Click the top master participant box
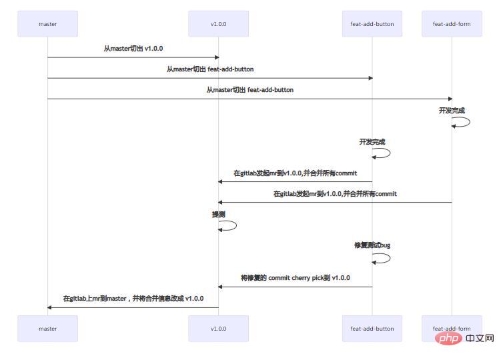pyautogui.click(x=47, y=24)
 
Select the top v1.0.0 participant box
pyautogui.click(x=218, y=24)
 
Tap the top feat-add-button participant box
pyautogui.click(x=372, y=24)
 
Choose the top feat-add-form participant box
pyautogui.click(x=452, y=24)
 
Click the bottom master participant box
pyautogui.click(x=47, y=329)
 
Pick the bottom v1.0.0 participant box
pyautogui.click(x=218, y=329)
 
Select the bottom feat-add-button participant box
pyautogui.click(x=372, y=329)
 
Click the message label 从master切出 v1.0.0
pyautogui.click(x=133, y=49)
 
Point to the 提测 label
pyautogui.click(x=218, y=215)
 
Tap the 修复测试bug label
pyautogui.click(x=372, y=245)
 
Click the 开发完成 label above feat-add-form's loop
pyautogui.click(x=452, y=111)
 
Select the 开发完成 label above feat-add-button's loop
pyautogui.click(x=372, y=142)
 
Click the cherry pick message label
pyautogui.click(x=295, y=277)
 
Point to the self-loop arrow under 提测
pyautogui.click(x=229, y=225)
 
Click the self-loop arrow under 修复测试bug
pyautogui.click(x=384, y=257)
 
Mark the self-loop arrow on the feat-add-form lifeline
pyautogui.click(x=463, y=122)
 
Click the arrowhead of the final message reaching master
pyautogui.click(x=49, y=307)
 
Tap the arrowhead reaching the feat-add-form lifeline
pyautogui.click(x=450, y=99)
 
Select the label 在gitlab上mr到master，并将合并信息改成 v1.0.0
pyautogui.click(x=133, y=299)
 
